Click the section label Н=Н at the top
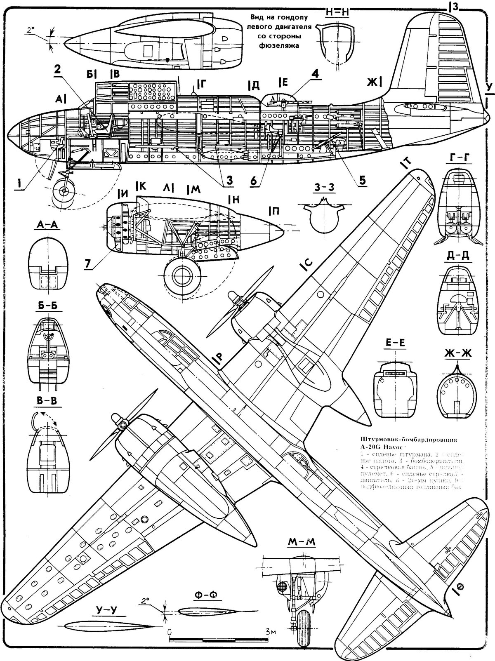[337, 12]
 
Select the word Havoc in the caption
[394, 446]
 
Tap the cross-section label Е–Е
[395, 353]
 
